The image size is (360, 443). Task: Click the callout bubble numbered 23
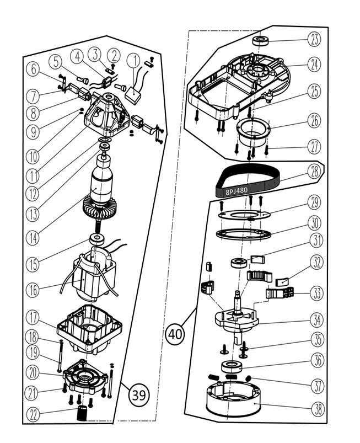coord(314,39)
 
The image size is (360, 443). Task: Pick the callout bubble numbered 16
coord(35,289)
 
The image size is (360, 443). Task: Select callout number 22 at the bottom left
coord(35,414)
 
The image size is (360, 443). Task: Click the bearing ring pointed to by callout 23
coord(260,41)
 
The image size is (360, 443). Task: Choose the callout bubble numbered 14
coord(35,239)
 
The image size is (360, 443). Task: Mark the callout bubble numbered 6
coord(35,69)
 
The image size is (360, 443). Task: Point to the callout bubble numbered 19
coord(35,352)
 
